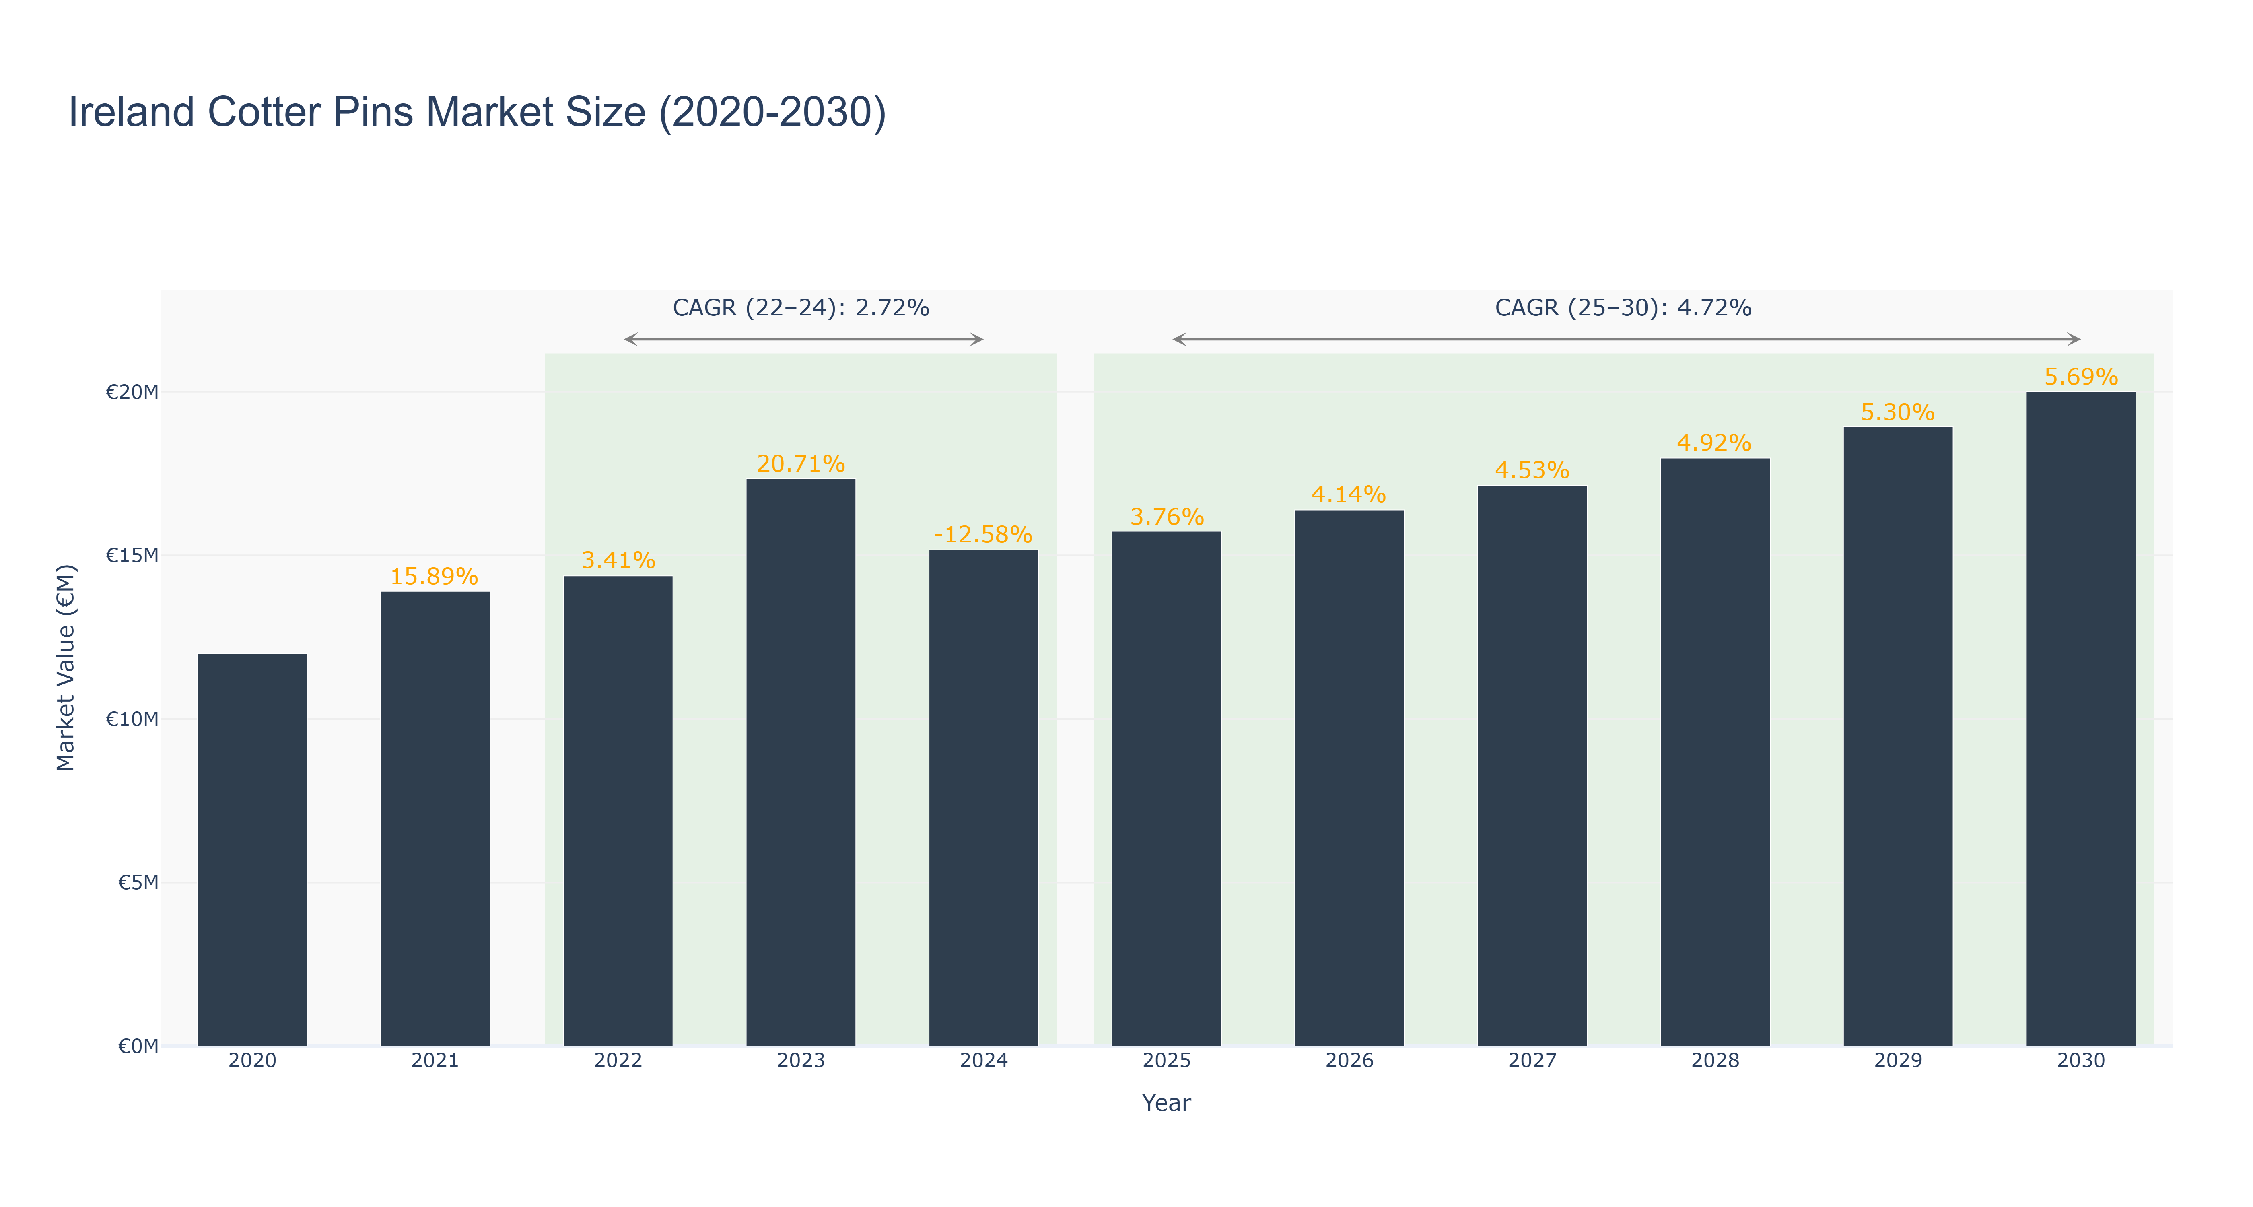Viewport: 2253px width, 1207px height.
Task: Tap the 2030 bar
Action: coord(2081,719)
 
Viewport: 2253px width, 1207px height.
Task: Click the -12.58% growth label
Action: coord(983,534)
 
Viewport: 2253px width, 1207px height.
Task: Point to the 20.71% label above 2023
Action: coord(800,463)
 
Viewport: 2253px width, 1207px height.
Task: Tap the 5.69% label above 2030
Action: coord(2081,377)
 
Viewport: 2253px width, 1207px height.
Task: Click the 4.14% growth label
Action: coord(1349,494)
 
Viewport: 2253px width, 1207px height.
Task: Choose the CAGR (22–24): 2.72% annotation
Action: coord(800,308)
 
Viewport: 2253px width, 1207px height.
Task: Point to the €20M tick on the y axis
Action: coord(132,392)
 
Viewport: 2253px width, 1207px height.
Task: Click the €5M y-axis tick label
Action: coord(138,882)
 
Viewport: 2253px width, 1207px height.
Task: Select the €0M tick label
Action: coord(138,1046)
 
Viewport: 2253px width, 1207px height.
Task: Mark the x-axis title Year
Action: coord(1166,1103)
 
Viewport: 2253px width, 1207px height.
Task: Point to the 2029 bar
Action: coord(1898,736)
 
